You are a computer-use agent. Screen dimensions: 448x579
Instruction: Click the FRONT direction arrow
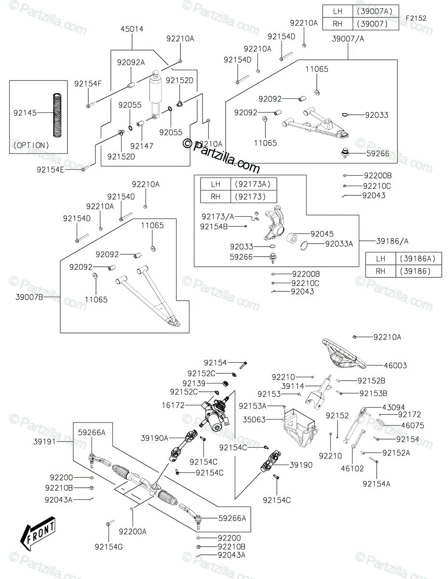pos(38,534)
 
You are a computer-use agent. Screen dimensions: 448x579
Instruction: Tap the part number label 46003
pos(395,365)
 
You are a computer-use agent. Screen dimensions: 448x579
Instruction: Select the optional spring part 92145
pos(57,115)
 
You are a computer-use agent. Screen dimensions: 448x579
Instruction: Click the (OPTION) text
pos(31,146)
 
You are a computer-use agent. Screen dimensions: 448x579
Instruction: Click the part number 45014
pos(132,29)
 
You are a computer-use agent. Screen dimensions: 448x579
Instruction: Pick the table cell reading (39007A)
pos(375,11)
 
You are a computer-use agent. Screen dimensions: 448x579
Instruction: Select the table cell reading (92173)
pos(250,197)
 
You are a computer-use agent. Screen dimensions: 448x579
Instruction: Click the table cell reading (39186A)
pos(419,259)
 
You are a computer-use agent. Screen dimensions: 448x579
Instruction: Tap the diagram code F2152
pos(416,18)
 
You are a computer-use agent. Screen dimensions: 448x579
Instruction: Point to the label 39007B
pos(29,297)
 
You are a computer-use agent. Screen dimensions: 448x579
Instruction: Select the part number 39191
pos(44,442)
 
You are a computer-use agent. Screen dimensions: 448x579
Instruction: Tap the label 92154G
pos(109,547)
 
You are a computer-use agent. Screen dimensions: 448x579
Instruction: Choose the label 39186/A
pos(392,241)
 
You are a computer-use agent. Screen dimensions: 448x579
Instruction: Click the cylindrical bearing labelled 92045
pos(292,238)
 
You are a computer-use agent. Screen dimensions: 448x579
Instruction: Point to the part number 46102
pos(352,468)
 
